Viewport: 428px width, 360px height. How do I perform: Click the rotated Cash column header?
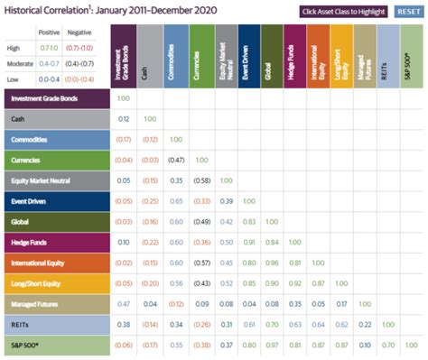[146, 56]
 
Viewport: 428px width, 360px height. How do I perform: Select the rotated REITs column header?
[386, 56]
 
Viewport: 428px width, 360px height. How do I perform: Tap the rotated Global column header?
[267, 56]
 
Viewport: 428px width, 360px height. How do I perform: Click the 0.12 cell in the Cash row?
[123, 119]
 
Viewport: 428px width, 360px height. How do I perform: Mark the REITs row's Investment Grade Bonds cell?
[123, 324]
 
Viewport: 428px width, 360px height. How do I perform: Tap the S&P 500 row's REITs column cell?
[386, 345]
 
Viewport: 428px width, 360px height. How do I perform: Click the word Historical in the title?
[26, 12]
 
